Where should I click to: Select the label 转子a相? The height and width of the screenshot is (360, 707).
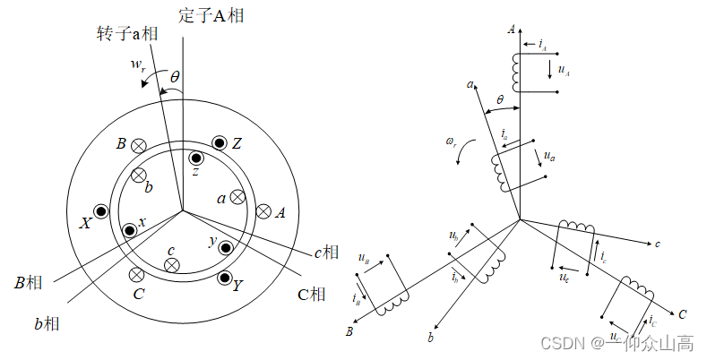[x=127, y=33]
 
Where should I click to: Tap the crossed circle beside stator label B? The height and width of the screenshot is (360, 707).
[x=139, y=145]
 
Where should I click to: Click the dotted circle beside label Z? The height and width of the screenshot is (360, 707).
[x=220, y=143]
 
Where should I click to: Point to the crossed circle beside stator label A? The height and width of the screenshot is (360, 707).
[x=263, y=211]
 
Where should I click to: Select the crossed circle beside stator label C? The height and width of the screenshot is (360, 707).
[x=136, y=274]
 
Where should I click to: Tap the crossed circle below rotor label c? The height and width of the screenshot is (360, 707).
[x=172, y=265]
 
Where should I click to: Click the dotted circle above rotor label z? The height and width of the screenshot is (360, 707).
[x=196, y=159]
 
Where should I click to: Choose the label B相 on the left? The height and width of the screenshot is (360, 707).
[x=30, y=283]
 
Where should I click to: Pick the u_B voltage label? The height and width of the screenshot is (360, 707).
[x=363, y=259]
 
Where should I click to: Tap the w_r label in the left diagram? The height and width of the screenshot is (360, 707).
[x=136, y=65]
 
